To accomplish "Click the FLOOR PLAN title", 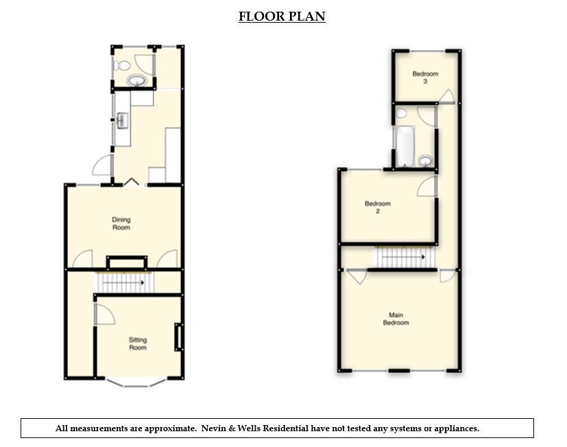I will (x=282, y=16).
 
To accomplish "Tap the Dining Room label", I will (x=121, y=224).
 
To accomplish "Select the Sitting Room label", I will (x=138, y=343).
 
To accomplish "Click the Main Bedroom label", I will (x=396, y=319).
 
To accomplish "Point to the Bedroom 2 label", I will (x=378, y=207).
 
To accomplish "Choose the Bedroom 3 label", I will (x=425, y=78).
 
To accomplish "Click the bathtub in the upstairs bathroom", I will (x=405, y=146).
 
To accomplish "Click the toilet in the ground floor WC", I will (x=122, y=66).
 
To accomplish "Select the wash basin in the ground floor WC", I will (x=137, y=81).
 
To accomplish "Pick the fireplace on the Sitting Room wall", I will (x=179, y=337).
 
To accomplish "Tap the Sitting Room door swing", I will (x=104, y=315).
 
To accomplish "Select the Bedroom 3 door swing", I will (x=446, y=96).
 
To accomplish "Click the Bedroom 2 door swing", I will (x=427, y=186).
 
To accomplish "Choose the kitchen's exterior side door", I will (x=102, y=165).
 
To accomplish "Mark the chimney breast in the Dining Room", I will (x=126, y=262).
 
